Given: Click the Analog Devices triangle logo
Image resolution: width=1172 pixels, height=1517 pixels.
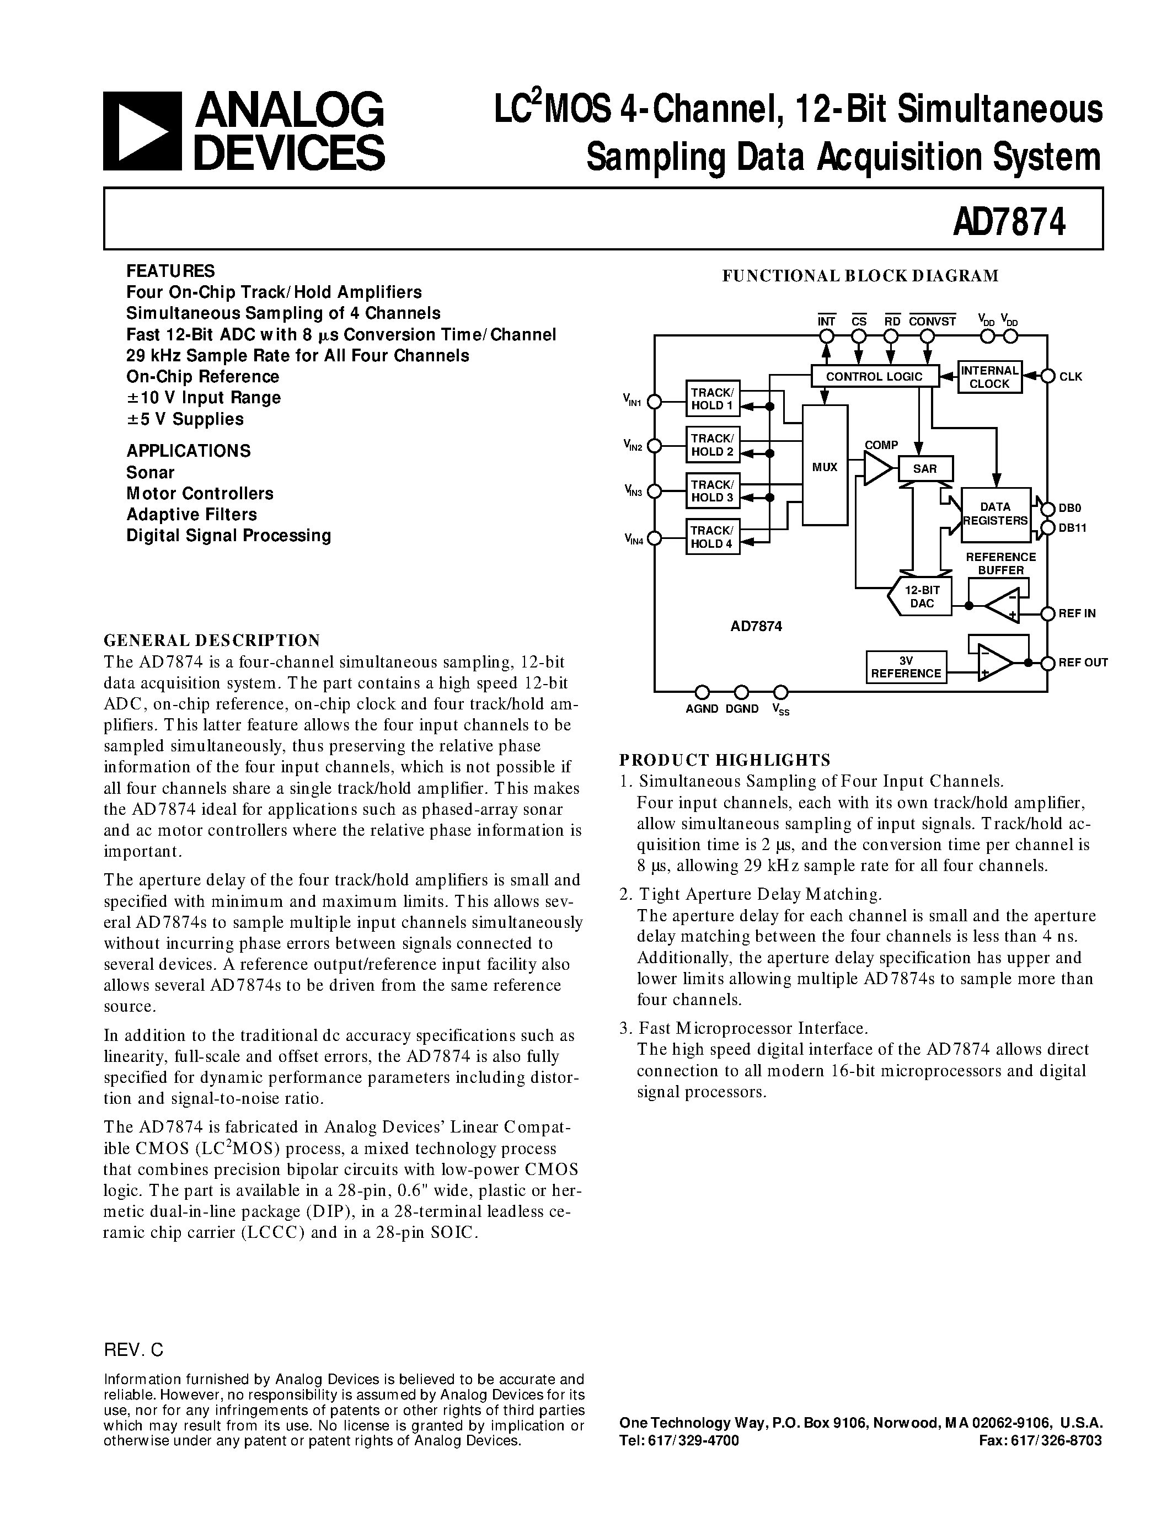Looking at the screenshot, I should click(x=142, y=131).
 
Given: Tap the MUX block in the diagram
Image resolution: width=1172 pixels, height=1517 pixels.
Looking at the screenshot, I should click(x=825, y=467).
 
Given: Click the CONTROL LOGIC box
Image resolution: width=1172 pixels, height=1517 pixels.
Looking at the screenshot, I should click(x=874, y=376).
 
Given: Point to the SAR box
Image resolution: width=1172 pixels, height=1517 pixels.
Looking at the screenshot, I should click(x=925, y=469).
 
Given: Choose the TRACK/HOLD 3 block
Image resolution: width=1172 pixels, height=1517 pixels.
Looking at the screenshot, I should click(x=713, y=491).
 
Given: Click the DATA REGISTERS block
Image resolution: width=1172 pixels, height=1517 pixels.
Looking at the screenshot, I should click(x=996, y=514).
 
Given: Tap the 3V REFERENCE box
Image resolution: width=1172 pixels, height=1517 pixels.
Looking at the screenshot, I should click(x=906, y=667).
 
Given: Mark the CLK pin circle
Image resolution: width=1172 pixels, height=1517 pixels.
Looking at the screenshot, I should click(x=1047, y=376).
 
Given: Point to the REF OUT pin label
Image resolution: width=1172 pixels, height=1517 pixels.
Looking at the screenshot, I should click(x=1083, y=663).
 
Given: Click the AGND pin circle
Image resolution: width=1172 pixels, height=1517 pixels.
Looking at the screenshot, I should click(x=702, y=692).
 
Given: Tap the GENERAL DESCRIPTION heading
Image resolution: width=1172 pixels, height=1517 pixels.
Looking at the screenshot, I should click(x=212, y=640).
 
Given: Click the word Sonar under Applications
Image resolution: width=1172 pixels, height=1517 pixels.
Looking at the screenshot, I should click(x=150, y=472).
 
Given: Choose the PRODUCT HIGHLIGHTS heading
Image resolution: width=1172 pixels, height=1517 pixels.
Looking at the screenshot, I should click(x=724, y=759).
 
